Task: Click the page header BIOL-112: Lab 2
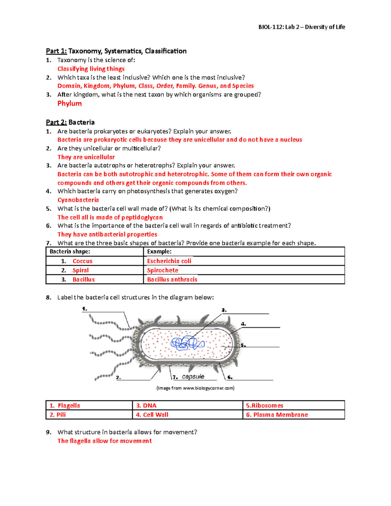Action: [301, 27]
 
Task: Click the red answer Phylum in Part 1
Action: [69, 104]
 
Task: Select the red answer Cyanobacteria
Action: [78, 200]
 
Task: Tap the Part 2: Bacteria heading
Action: [70, 123]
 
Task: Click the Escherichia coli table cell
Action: [169, 261]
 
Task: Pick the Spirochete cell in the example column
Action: [163, 270]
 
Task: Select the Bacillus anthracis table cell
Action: [172, 280]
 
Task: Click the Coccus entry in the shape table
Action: [82, 261]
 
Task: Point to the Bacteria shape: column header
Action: [70, 252]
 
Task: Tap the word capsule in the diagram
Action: [193, 377]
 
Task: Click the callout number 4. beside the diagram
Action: [243, 324]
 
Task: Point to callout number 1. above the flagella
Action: [84, 309]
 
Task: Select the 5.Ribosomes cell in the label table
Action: [265, 406]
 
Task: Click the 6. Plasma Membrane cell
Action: [277, 415]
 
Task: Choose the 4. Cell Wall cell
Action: [152, 415]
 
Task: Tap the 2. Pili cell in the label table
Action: [58, 415]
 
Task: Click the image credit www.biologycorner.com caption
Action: [195, 388]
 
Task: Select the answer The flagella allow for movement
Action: [105, 441]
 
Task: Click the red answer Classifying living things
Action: [91, 69]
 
